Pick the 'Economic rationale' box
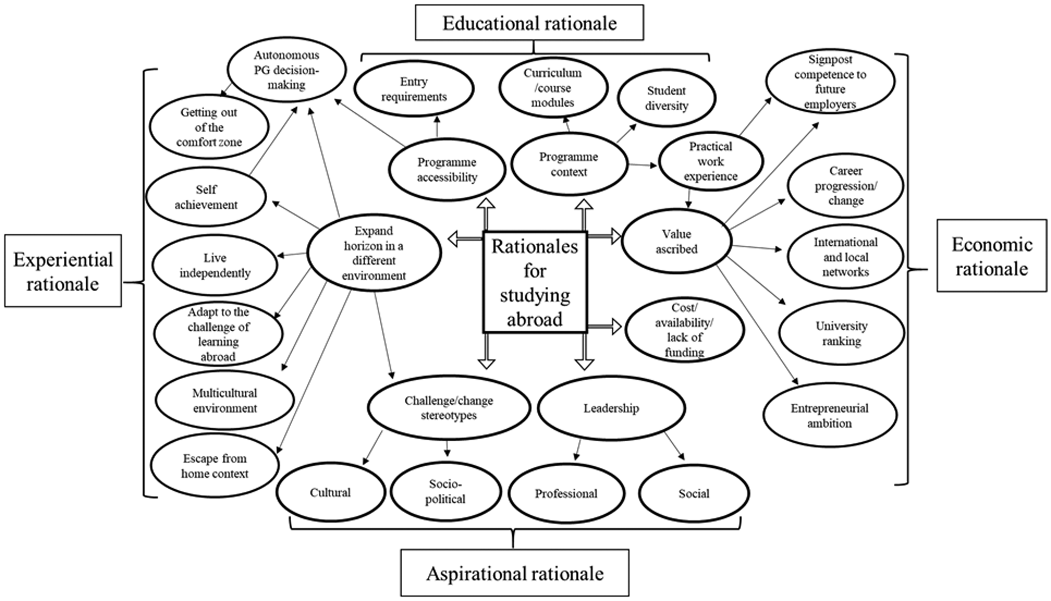point(992,256)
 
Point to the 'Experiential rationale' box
point(63,271)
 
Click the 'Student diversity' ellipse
point(667,98)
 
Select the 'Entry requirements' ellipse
point(414,89)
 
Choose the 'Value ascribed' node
point(677,241)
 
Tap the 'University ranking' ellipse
point(842,333)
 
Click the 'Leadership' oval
point(611,408)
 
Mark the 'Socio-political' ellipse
point(446,491)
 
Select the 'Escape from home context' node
point(215,466)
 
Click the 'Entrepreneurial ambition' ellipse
point(830,415)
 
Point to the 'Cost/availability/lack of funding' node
point(684,330)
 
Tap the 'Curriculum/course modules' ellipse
point(553,87)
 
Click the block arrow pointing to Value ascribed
point(604,236)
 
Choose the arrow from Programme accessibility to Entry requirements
point(437,126)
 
